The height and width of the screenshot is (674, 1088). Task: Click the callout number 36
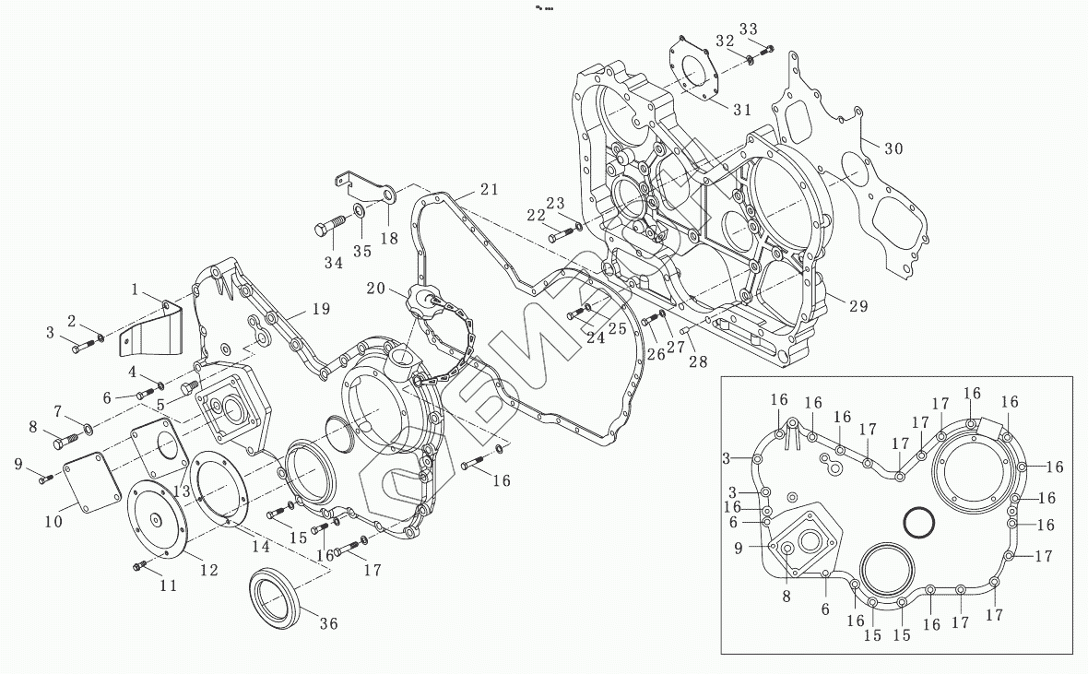[x=328, y=624]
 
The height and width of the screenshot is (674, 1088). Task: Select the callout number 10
[x=53, y=522]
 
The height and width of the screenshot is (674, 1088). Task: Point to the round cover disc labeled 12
[x=157, y=521]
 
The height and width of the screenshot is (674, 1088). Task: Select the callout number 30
[x=893, y=148]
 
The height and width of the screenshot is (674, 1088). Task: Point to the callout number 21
[x=489, y=189]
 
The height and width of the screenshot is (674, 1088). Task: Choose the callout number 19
[x=319, y=309]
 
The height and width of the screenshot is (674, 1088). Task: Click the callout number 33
[x=748, y=29]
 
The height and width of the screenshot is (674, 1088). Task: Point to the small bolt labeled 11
[x=141, y=565]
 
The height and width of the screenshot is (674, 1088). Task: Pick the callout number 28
[x=698, y=361]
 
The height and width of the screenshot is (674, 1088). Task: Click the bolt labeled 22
[x=560, y=236]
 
